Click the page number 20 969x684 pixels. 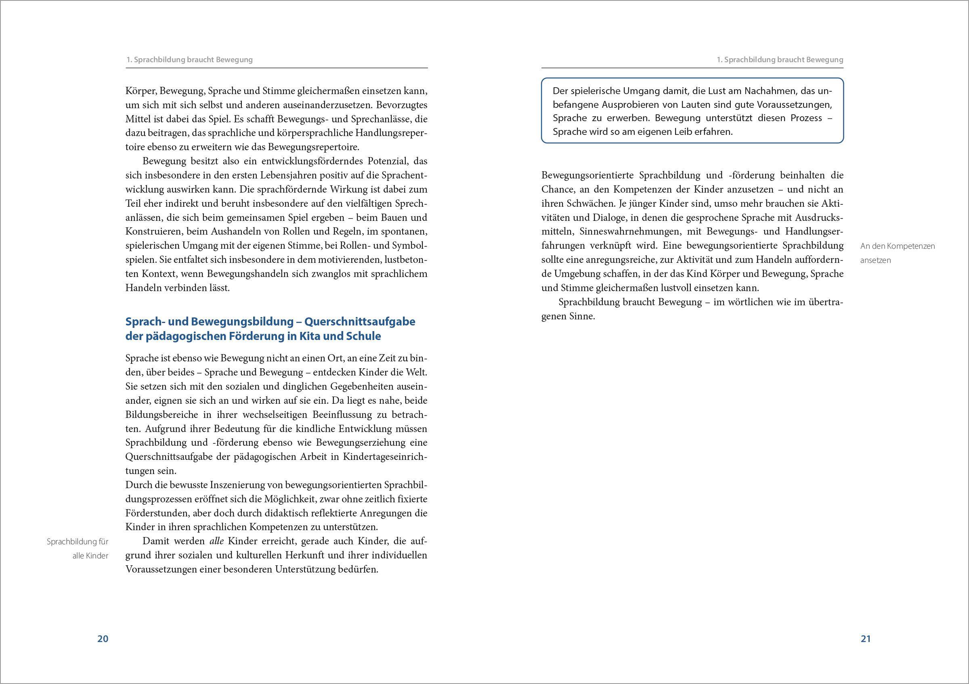(x=103, y=638)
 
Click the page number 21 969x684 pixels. (x=866, y=638)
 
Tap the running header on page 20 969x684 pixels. (x=189, y=59)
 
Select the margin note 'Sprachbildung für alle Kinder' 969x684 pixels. (x=78, y=549)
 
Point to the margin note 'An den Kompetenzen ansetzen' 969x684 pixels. (x=897, y=253)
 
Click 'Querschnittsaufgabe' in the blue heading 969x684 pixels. (x=360, y=321)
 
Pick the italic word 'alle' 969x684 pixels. (x=216, y=541)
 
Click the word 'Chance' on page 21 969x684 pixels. (x=557, y=189)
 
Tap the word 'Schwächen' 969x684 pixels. (x=592, y=204)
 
